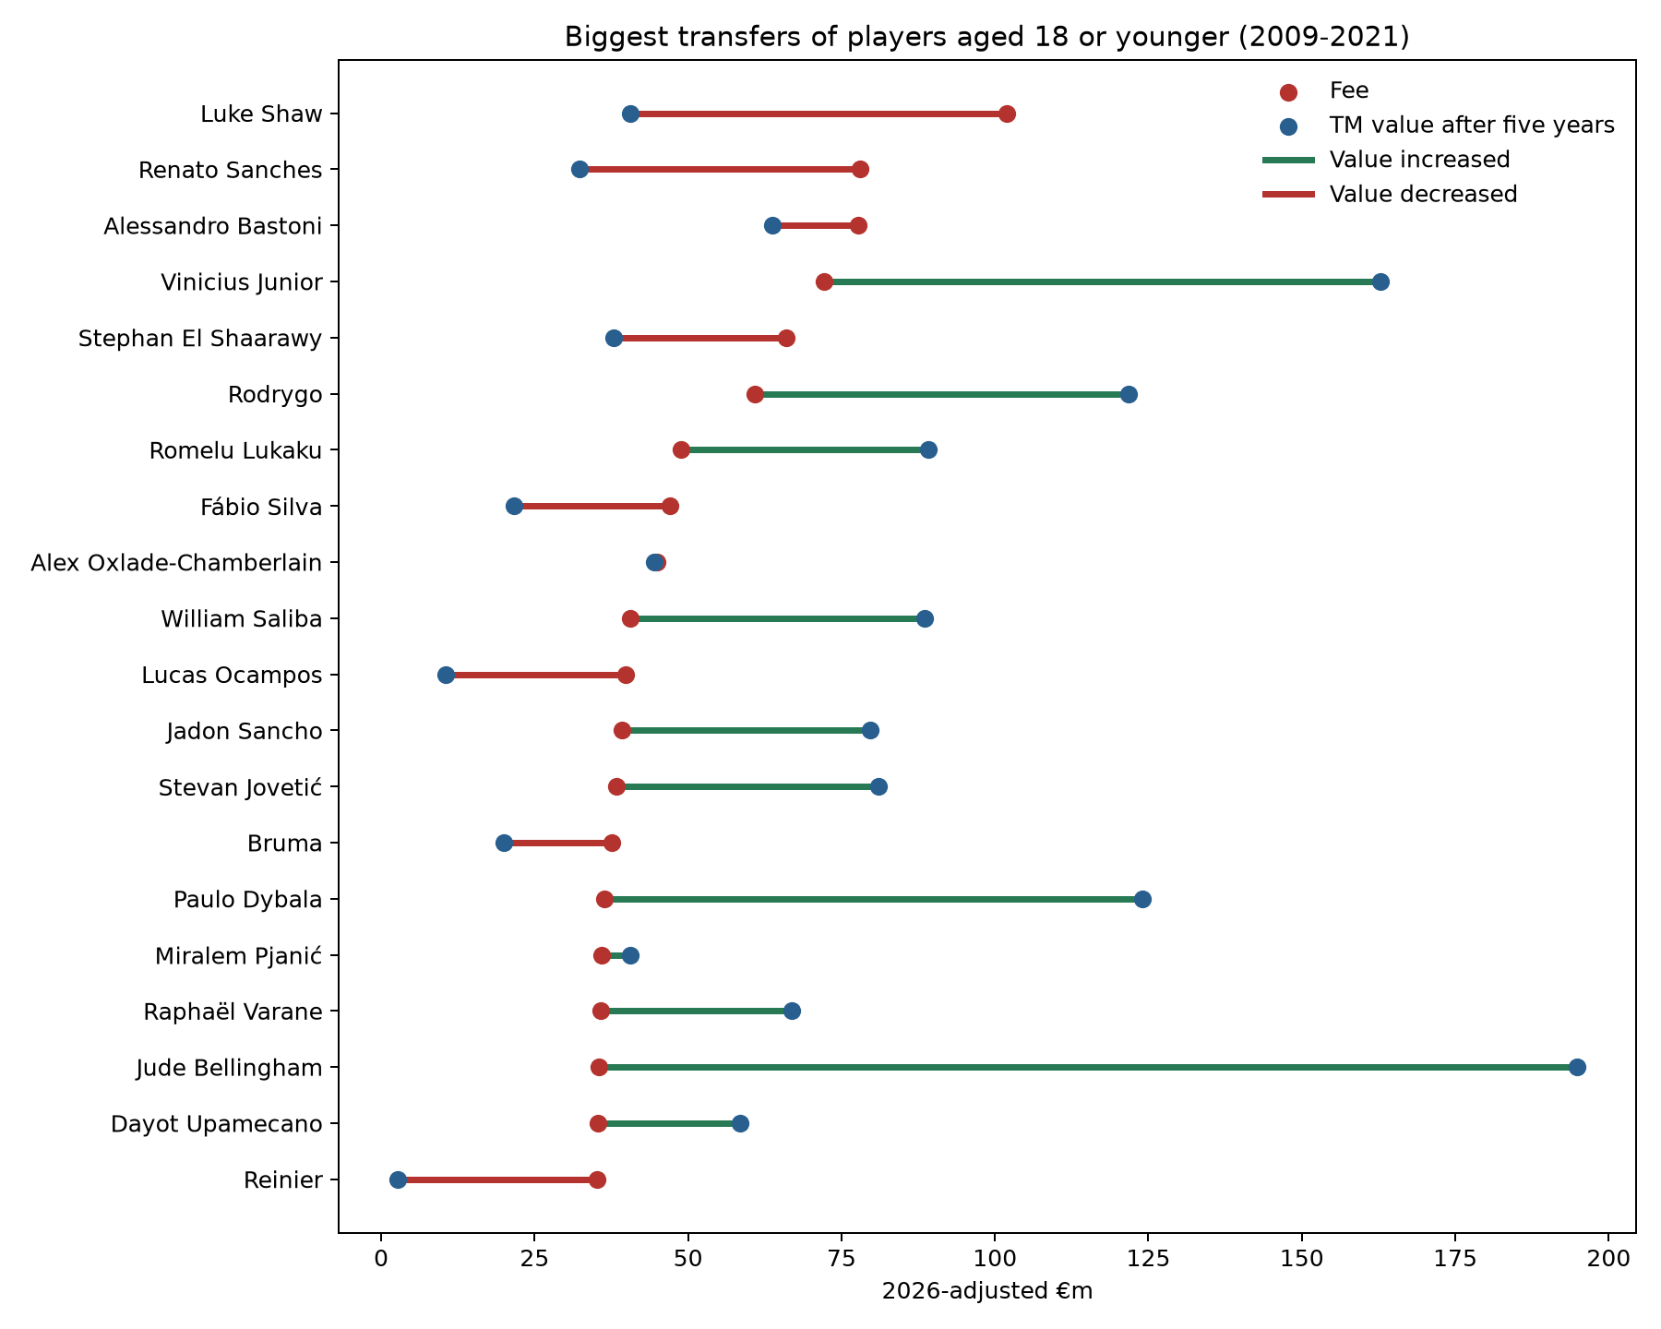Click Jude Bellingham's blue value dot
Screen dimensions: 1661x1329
pyautogui.click(x=1577, y=1068)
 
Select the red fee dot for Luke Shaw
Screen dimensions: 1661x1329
pyautogui.click(x=1007, y=114)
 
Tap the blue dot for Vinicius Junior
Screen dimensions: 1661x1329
pyautogui.click(x=1380, y=282)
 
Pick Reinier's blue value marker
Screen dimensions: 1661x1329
pyautogui.click(x=398, y=1179)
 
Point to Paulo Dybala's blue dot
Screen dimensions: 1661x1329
pyautogui.click(x=1142, y=900)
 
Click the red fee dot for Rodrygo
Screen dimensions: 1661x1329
pyautogui.click(x=755, y=395)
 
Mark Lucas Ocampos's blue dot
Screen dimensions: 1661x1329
pyautogui.click(x=446, y=676)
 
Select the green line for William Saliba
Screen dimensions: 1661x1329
pyautogui.click(x=778, y=619)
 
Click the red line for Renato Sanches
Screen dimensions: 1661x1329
pyautogui.click(x=720, y=170)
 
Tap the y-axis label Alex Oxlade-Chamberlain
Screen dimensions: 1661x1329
pyautogui.click(x=176, y=563)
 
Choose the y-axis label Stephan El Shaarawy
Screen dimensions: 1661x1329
pyautogui.click(x=200, y=339)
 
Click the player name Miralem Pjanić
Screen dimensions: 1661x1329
pyautogui.click(x=238, y=955)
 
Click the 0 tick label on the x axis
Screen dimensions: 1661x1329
pyautogui.click(x=380, y=1259)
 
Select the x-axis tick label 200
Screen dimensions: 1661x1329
pyautogui.click(x=1608, y=1259)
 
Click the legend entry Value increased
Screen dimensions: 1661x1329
pyautogui.click(x=1419, y=161)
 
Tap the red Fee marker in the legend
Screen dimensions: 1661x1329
pyautogui.click(x=1289, y=91)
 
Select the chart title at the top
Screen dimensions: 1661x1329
pyautogui.click(x=987, y=37)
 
